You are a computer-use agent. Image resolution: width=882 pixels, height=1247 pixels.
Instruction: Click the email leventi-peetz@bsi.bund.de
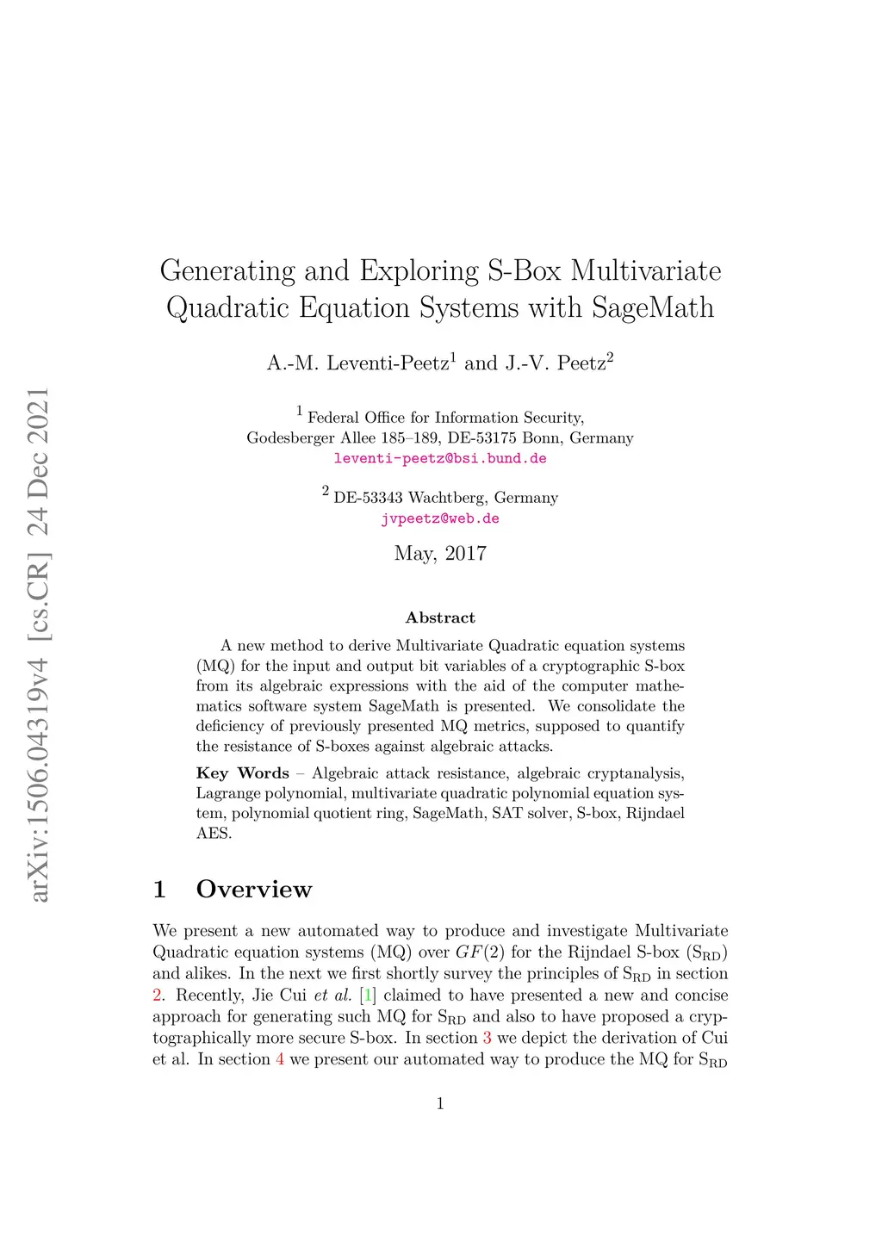440,458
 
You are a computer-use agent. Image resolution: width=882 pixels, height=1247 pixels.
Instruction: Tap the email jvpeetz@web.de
440,518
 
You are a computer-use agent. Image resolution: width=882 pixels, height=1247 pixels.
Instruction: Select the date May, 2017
440,554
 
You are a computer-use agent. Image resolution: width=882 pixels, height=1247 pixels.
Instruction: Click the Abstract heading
440,617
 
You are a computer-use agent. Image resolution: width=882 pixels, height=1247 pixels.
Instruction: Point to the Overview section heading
253,889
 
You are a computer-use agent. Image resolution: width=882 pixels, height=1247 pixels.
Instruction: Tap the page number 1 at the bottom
440,1104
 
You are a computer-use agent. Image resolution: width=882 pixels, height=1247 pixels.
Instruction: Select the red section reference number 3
488,1038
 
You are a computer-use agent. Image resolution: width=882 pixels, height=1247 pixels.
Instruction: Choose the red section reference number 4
280,1059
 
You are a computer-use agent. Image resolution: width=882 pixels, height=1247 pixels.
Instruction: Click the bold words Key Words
242,773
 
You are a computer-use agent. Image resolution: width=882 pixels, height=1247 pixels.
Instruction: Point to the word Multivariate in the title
646,270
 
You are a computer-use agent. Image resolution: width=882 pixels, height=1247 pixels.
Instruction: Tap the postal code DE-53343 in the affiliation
368,498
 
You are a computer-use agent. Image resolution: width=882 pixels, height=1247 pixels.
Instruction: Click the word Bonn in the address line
542,437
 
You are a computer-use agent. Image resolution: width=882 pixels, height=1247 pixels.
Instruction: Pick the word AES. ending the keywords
214,834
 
